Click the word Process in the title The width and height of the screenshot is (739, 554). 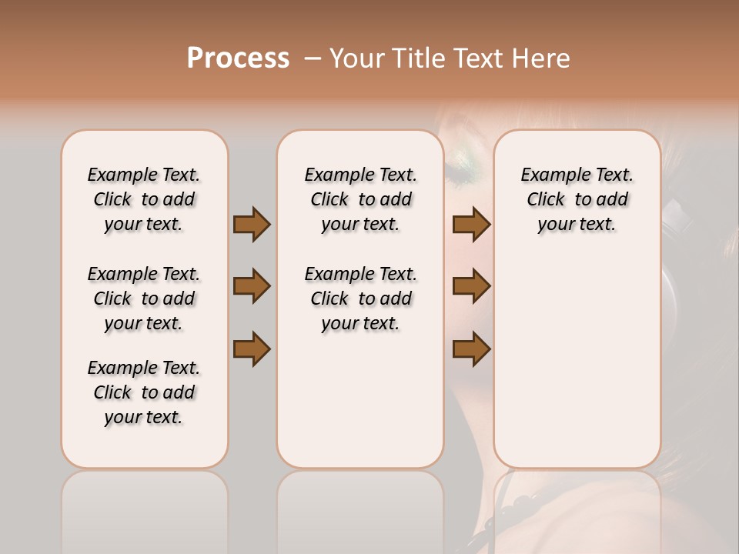coord(238,58)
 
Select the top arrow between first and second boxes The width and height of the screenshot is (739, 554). coord(252,224)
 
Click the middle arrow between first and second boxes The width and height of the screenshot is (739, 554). coord(252,286)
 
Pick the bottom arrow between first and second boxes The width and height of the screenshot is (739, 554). coord(252,349)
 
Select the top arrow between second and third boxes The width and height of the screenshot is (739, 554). coord(471,224)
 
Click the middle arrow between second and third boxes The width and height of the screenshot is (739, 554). coord(471,286)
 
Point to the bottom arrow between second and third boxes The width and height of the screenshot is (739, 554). coord(471,349)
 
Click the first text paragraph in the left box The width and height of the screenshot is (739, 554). coord(144,199)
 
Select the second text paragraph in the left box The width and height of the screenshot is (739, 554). coord(144,299)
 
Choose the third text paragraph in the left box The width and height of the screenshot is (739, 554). coord(144,392)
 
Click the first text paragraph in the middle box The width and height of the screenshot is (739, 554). coord(361,199)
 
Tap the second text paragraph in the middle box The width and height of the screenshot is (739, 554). coord(361,299)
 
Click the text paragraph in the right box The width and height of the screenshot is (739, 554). coord(577,199)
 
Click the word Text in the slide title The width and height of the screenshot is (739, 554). coord(476,58)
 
